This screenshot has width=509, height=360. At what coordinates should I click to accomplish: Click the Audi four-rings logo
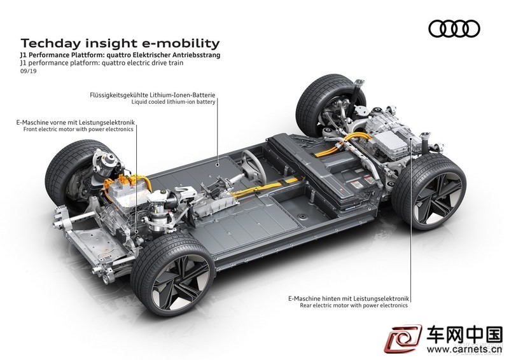pos(454,29)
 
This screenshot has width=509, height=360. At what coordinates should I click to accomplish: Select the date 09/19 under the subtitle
pos(28,71)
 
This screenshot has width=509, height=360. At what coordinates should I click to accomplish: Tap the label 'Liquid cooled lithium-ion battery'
pos(173,102)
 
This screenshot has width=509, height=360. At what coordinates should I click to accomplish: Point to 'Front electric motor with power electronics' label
pos(78,129)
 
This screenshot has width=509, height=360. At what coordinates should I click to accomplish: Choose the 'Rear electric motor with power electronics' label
pos(354,305)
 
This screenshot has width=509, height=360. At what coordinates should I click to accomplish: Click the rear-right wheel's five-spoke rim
pos(438,198)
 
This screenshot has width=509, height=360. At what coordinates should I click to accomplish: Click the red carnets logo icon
pos(403,339)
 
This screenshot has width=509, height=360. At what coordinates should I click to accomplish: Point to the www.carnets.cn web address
pos(464,349)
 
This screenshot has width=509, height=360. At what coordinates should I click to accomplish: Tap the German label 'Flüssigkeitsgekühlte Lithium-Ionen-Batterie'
pos(153,95)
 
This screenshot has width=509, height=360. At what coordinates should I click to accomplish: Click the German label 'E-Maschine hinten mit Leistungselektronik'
pos(349,298)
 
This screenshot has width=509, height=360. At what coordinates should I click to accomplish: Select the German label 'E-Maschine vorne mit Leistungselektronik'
pos(75,122)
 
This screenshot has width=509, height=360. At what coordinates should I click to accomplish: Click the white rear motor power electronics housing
pos(393,143)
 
